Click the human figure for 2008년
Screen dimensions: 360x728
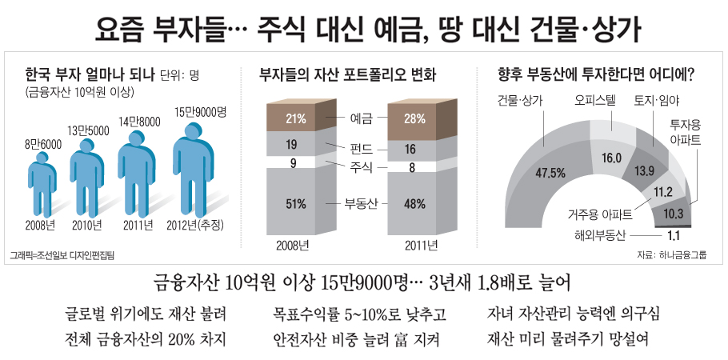(39, 185)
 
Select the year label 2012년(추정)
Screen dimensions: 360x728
(196, 224)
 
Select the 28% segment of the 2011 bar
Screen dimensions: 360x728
(414, 119)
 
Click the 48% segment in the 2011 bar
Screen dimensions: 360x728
(414, 203)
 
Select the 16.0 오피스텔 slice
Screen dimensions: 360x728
(611, 157)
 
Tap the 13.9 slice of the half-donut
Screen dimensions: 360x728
(644, 170)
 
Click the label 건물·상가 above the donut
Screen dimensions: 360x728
(520, 100)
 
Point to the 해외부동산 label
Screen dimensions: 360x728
(598, 235)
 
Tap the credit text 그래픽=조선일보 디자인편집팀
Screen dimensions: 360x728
(62, 255)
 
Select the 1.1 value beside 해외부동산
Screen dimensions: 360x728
(673, 235)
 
